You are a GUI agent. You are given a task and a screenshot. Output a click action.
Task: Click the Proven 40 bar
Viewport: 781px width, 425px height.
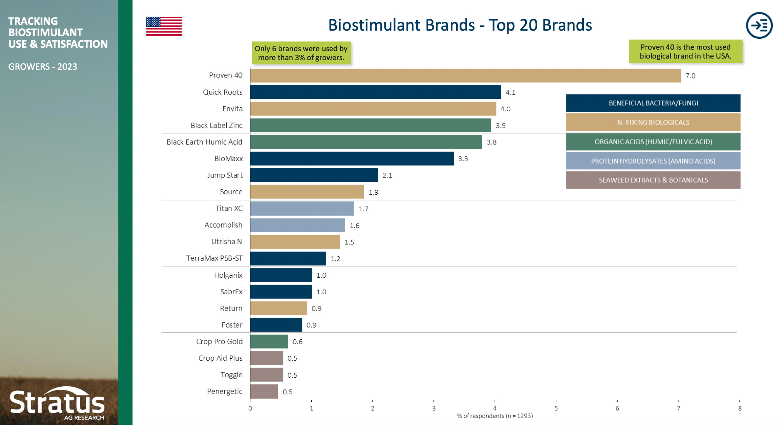(465, 76)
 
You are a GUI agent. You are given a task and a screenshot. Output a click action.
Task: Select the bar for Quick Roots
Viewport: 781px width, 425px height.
(375, 92)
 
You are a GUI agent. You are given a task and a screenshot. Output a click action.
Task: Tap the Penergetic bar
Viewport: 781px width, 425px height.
(264, 391)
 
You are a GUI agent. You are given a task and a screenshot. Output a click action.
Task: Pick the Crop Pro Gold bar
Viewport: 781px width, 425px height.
(269, 342)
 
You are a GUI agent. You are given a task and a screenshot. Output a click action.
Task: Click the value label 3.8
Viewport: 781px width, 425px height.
(491, 142)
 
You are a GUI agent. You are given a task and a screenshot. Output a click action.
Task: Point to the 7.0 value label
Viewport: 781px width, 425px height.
(690, 76)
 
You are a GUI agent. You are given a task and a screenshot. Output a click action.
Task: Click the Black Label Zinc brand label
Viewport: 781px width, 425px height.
(216, 125)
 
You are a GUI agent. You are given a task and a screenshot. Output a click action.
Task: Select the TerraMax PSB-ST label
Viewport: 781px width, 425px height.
(214, 258)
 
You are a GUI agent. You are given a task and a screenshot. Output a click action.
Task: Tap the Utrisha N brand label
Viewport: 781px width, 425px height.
(226, 242)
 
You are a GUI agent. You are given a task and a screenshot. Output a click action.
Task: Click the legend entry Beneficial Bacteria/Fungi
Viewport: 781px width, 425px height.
(653, 103)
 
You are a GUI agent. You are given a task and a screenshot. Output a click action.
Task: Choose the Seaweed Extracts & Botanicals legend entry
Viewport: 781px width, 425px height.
(653, 180)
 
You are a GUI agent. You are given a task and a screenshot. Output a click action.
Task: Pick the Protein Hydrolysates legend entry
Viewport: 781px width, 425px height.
(653, 161)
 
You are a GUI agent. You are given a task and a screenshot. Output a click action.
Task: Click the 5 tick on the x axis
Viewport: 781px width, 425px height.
(556, 408)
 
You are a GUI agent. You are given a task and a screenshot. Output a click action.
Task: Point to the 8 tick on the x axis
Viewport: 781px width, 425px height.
(739, 408)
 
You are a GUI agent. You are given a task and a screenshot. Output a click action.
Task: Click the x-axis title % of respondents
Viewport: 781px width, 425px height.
(495, 416)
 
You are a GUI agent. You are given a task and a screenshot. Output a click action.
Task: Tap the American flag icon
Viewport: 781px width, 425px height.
(164, 26)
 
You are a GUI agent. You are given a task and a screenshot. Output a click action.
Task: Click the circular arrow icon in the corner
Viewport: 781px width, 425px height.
(759, 26)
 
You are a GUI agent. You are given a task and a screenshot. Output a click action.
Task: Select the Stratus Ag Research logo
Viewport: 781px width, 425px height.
(57, 404)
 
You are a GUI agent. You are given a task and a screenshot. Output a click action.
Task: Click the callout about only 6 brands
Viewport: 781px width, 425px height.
(301, 53)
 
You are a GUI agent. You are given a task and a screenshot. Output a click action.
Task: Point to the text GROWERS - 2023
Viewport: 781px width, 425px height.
(43, 67)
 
